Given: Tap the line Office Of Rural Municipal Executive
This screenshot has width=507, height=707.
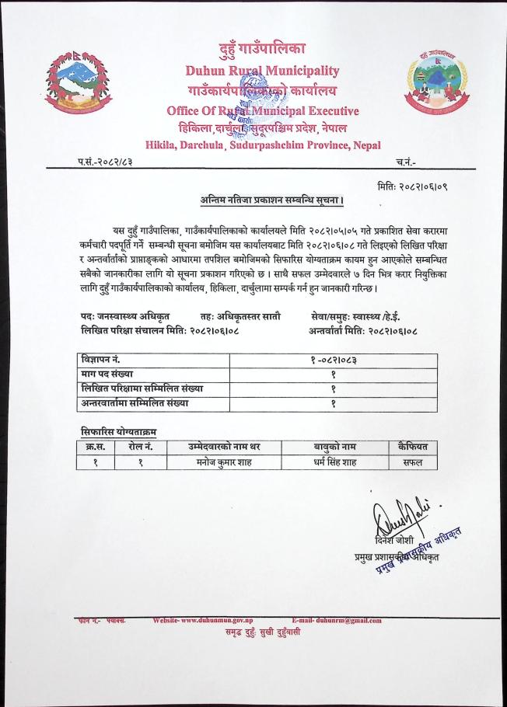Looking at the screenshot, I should (255, 110).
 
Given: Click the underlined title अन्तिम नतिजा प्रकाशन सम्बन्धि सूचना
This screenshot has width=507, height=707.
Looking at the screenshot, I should (268, 202).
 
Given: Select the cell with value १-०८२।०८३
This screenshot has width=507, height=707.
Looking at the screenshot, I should (333, 360).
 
